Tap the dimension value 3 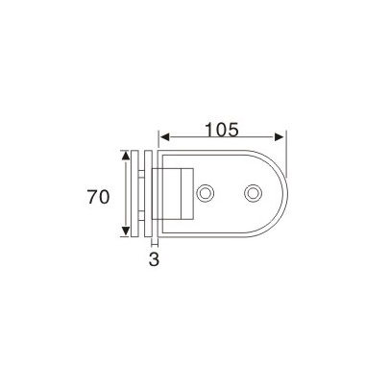click(x=152, y=259)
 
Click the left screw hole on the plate click(x=205, y=194)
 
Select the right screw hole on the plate click(x=252, y=194)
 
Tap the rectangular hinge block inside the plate click(x=178, y=195)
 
